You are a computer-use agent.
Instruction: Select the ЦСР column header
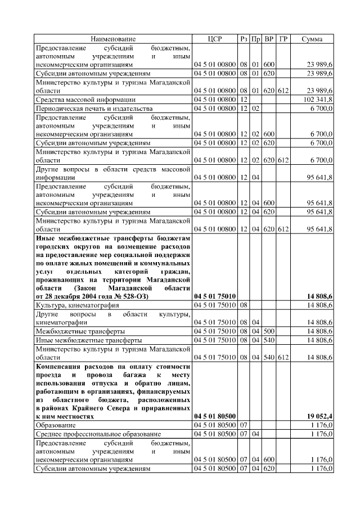click(x=215, y=39)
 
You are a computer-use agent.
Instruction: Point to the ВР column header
click(x=269, y=39)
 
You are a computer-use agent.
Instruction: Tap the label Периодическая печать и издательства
click(x=85, y=108)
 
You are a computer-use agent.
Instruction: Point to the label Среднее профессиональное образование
click(x=98, y=434)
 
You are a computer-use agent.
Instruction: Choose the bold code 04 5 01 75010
click(x=215, y=296)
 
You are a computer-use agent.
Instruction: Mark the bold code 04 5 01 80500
click(x=215, y=416)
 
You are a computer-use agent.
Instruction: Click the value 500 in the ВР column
click(x=269, y=332)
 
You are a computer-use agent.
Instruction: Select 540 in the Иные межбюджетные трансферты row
click(x=269, y=340)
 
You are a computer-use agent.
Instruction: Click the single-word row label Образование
click(x=57, y=425)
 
